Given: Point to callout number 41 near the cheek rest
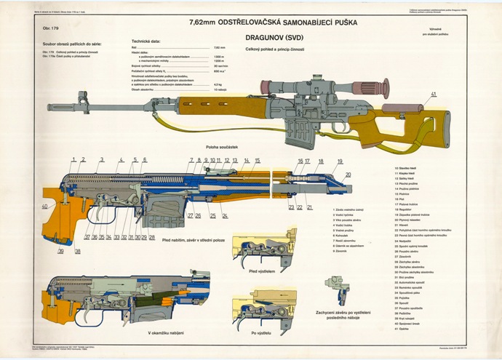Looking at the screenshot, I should (x=434, y=95).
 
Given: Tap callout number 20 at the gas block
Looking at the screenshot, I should (x=348, y=175).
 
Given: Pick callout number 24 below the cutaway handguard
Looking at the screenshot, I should (x=225, y=215).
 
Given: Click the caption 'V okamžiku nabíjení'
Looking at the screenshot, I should (x=169, y=333).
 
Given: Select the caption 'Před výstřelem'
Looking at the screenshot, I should (x=261, y=271).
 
